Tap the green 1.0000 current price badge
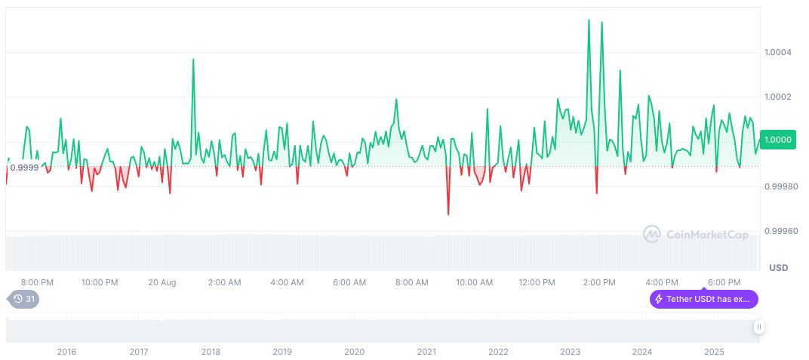777,140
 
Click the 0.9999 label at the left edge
23,167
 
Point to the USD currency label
778,268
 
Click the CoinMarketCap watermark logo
695,235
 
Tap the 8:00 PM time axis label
37,282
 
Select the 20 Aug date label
162,282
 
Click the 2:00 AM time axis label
224,282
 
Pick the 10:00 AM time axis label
474,282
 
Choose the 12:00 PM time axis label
537,282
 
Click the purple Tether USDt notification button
703,299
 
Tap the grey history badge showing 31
25,299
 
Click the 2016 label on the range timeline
66,352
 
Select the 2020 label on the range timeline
354,352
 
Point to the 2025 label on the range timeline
714,352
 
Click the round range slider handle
758,327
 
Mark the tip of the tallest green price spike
589,20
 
